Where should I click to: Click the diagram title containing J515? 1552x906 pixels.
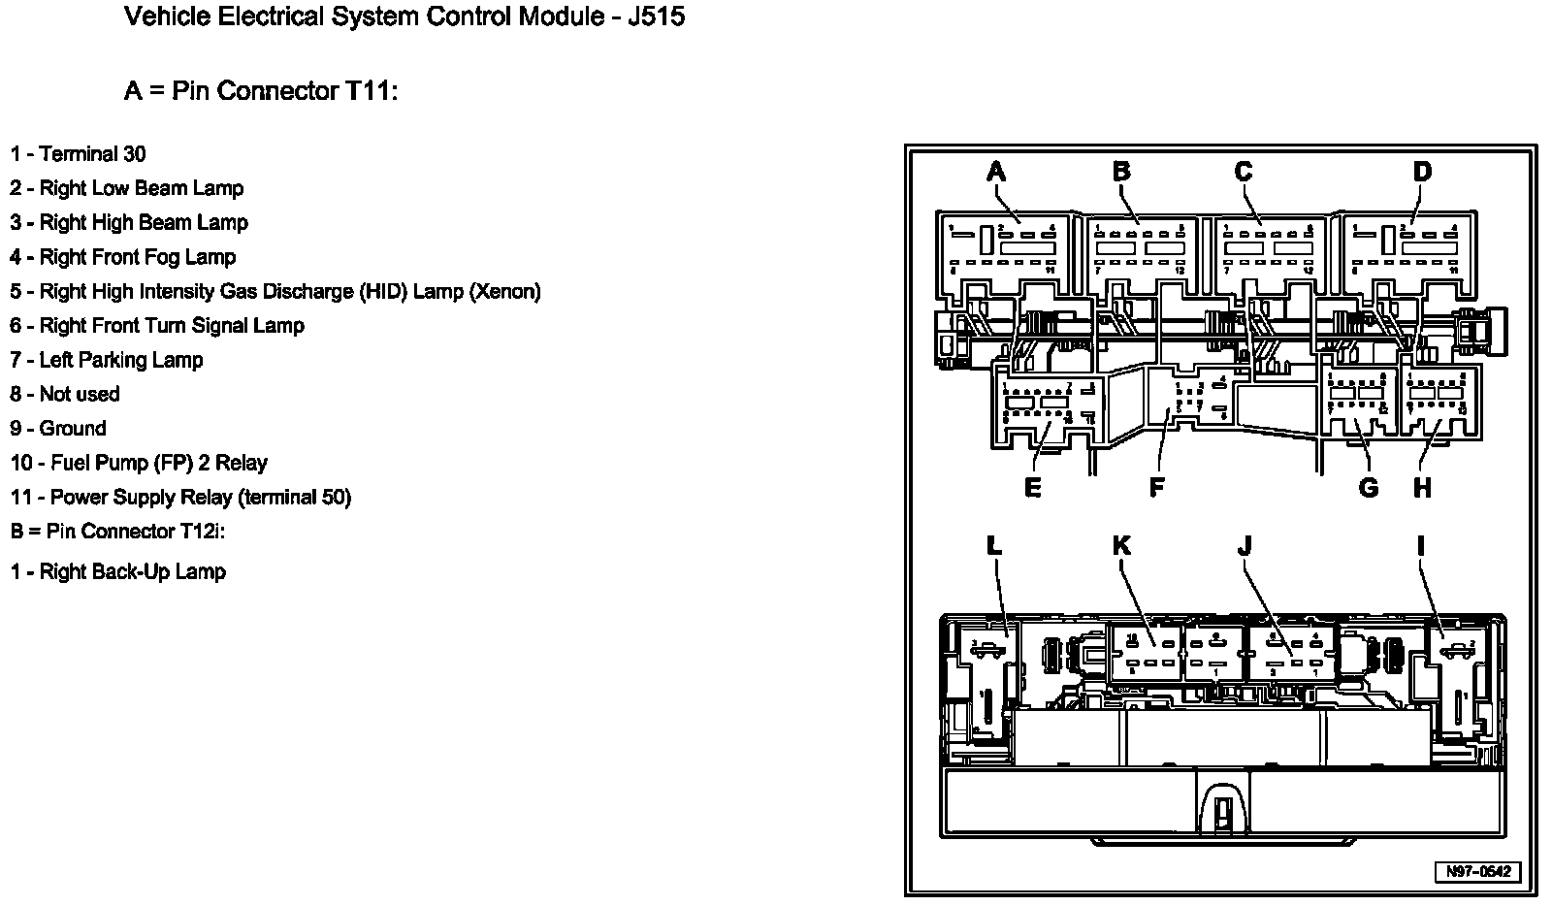tap(404, 17)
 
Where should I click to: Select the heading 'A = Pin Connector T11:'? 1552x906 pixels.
tap(261, 91)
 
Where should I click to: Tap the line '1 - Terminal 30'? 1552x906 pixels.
tap(79, 154)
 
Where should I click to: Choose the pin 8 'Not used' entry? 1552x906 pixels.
tap(65, 394)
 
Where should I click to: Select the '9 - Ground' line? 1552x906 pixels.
tap(58, 429)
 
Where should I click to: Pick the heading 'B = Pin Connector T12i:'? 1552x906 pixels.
tap(118, 532)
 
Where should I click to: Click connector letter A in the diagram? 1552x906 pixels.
tap(995, 173)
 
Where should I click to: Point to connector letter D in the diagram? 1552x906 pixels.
tap(1421, 173)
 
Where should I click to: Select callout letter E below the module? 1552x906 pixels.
tap(1032, 488)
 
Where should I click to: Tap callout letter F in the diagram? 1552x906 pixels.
tap(1156, 488)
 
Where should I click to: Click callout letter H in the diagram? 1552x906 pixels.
tap(1422, 488)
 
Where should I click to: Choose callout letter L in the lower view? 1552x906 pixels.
tap(993, 546)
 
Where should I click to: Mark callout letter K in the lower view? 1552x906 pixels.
tap(1121, 546)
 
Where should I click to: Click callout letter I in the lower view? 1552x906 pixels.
tap(1421, 546)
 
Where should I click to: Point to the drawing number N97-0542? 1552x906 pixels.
tap(1478, 872)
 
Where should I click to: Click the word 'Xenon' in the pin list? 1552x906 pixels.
tap(503, 291)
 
